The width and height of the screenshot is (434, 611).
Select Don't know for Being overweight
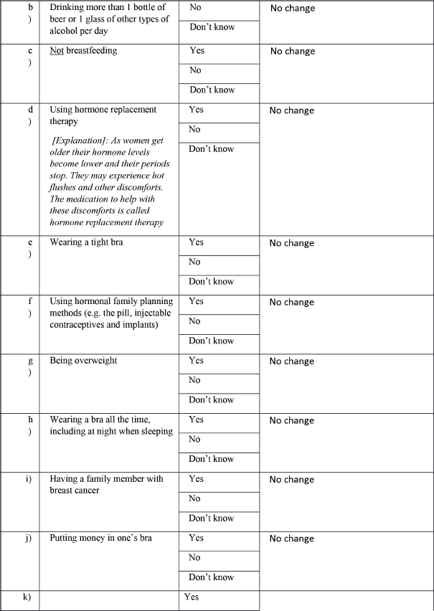[x=211, y=400]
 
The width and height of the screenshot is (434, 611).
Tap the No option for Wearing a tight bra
[x=194, y=262]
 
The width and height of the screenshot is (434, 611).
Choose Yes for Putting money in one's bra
[x=196, y=538]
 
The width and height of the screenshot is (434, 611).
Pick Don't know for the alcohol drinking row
[x=211, y=28]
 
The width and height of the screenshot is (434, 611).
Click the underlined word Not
[x=57, y=51]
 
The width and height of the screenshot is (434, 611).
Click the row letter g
[x=29, y=361]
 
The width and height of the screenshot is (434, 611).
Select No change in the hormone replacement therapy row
[x=291, y=111]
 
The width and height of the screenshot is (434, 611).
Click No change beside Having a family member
[x=291, y=480]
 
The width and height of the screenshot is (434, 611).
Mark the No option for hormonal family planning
[x=194, y=321]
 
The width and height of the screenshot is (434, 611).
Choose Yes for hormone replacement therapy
[x=196, y=110]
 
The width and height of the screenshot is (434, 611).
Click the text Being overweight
[x=83, y=361]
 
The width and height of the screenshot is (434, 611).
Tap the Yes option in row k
[x=192, y=597]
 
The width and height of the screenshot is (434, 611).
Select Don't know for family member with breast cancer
[x=211, y=518]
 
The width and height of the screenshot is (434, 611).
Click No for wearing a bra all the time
[x=194, y=440]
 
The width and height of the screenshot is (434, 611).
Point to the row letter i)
[x=29, y=479]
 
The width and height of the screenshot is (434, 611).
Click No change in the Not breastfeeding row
[x=292, y=52]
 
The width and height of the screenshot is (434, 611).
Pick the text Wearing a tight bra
[x=86, y=242]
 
